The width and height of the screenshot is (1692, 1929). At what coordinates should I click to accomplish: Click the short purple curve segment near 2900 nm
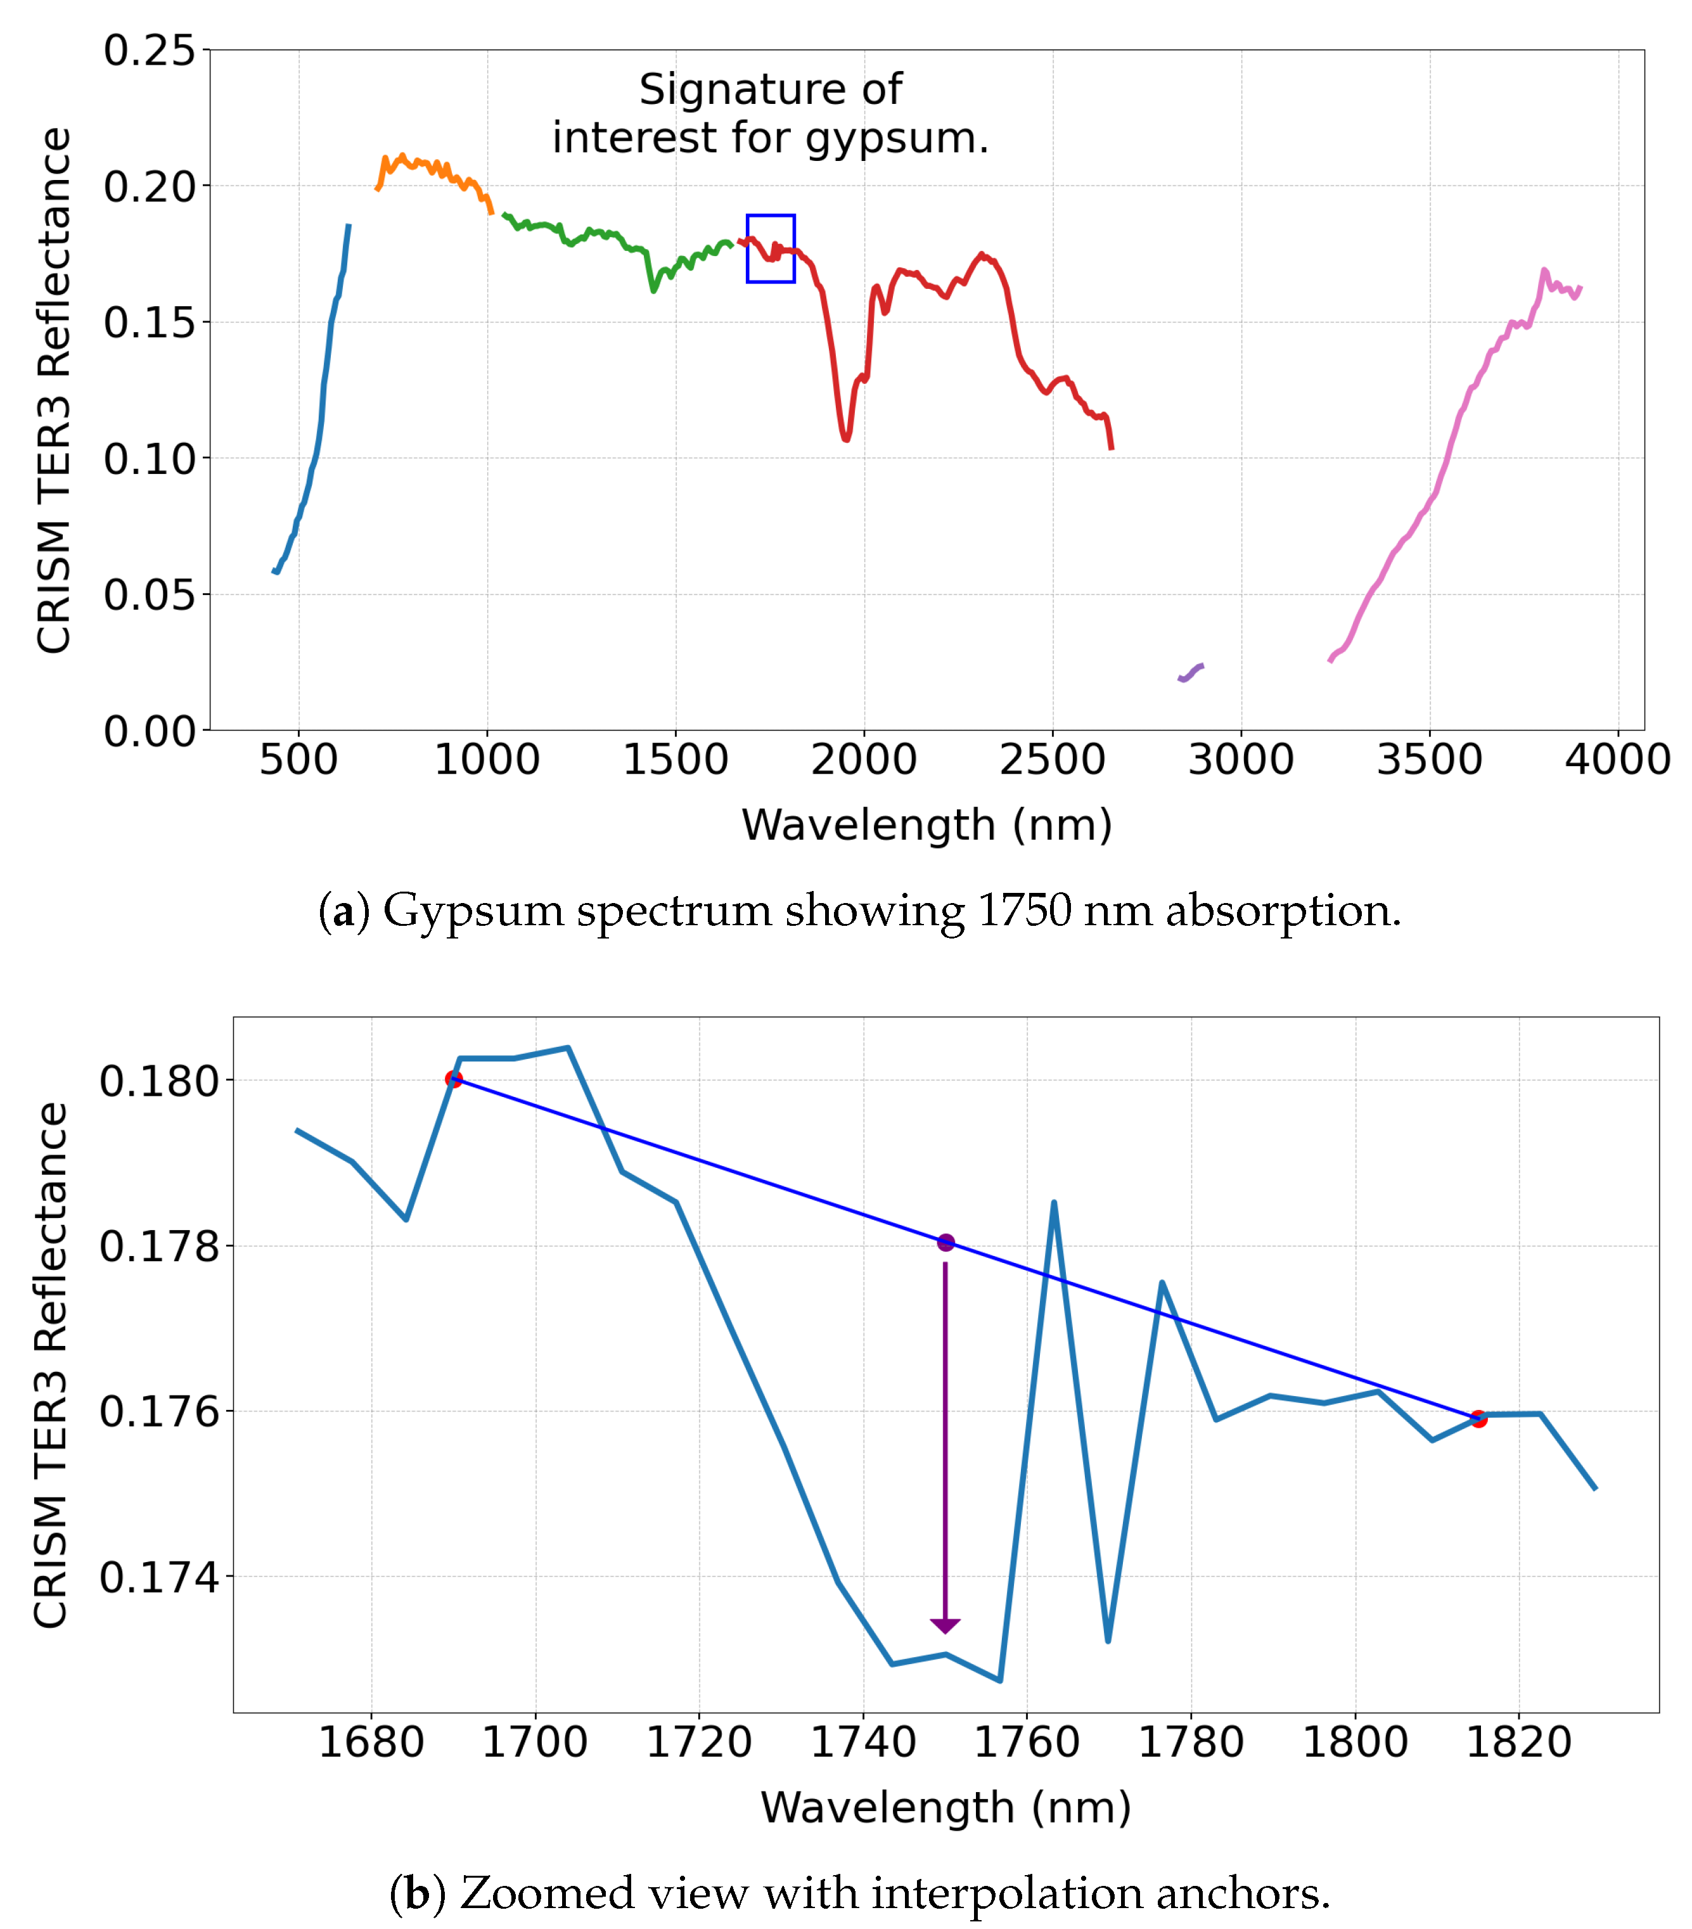1191,672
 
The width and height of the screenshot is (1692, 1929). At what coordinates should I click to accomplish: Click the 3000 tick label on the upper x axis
1240,760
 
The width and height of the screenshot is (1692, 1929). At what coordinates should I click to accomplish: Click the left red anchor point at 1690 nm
454,1079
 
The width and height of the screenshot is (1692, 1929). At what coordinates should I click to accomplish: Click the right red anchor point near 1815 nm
1478,1418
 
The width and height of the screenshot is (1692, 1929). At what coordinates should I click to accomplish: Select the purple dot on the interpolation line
945,1242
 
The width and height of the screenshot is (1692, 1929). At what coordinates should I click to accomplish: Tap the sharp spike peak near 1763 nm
1053,1203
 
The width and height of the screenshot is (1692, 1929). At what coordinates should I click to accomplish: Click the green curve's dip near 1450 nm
653,290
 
